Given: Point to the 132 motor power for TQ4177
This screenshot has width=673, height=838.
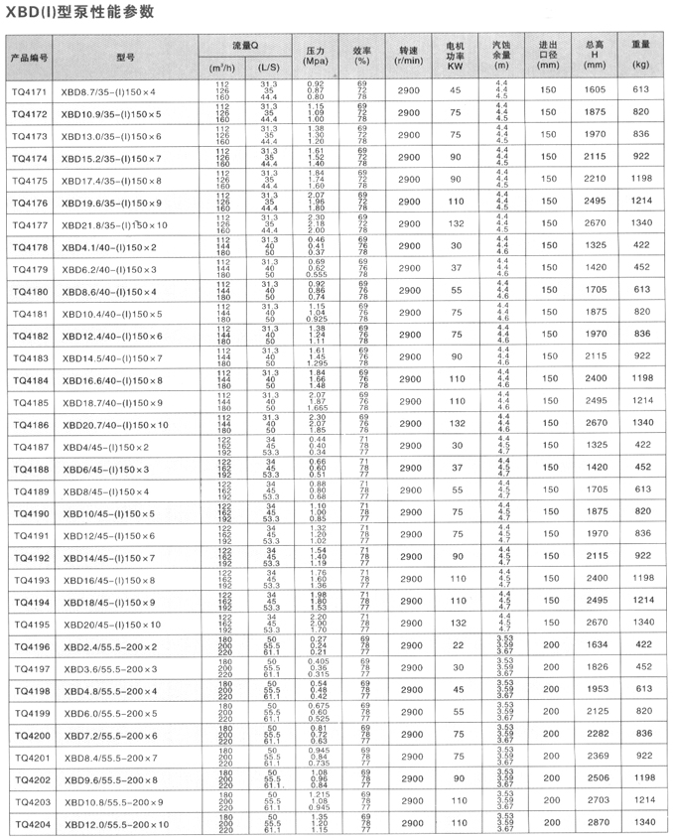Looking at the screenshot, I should pyautogui.click(x=456, y=224).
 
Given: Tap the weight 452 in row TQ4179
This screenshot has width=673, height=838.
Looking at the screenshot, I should pyautogui.click(x=640, y=268).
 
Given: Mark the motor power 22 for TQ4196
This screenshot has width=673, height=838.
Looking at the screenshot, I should pyautogui.click(x=456, y=646).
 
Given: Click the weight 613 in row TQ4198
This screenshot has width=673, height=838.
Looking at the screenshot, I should pyautogui.click(x=640, y=691).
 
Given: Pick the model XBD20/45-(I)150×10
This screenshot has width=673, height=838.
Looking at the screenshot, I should pyautogui.click(x=111, y=625).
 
